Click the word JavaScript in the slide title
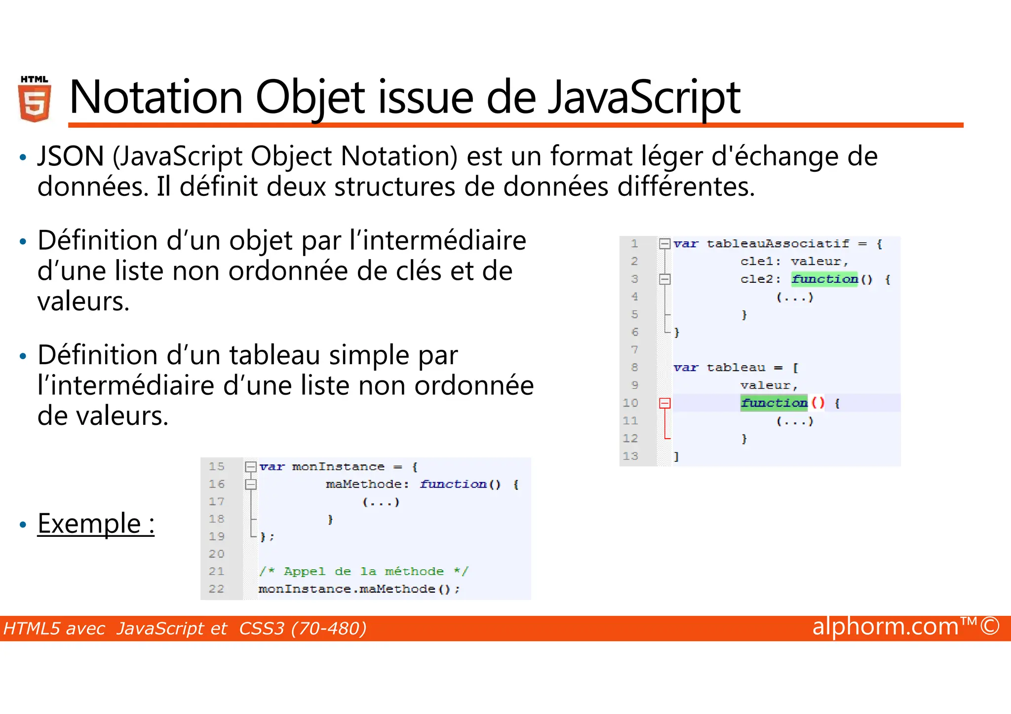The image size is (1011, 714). pos(645,97)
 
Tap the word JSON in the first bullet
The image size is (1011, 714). pos(71,156)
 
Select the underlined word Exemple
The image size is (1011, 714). pos(89,524)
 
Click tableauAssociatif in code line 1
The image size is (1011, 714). pos(778,244)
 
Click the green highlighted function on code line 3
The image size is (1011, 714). pos(824,279)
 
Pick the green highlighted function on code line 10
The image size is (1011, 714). pos(774,403)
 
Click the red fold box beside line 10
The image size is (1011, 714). pos(665,403)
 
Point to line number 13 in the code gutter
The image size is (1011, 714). pos(630,456)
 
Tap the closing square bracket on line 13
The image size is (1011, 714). pos(677,457)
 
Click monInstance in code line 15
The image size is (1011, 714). pos(338,467)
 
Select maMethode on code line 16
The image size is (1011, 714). pos(364,485)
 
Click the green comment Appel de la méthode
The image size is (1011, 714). pos(363,571)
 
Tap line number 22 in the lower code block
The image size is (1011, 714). pos(216,589)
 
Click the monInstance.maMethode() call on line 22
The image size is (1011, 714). pos(359,589)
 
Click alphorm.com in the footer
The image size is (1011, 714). pos(885,627)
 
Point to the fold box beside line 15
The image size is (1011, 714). pos(251,467)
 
